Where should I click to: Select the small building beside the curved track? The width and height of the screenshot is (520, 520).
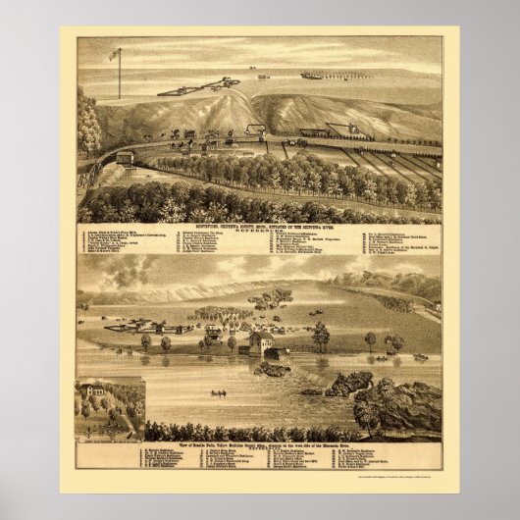[x=125, y=158]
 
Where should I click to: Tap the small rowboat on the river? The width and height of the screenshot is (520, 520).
[x=218, y=393]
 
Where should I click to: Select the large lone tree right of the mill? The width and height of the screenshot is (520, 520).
[x=320, y=336]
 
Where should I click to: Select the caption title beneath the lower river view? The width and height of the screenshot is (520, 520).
[x=259, y=445]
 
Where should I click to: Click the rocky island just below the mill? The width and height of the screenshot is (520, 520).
[x=272, y=369]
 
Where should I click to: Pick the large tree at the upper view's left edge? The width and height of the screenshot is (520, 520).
[x=87, y=123]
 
